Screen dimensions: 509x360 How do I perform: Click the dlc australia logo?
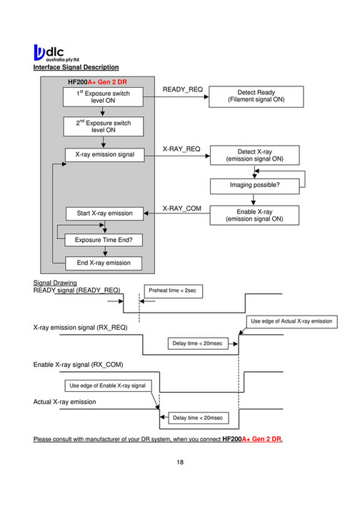(x=58, y=53)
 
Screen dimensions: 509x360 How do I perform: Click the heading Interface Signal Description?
(x=76, y=68)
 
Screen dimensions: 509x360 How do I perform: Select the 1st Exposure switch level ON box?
(x=103, y=97)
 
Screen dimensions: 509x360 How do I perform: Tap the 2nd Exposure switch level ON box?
(x=103, y=127)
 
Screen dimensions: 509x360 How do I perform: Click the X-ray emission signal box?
(x=103, y=155)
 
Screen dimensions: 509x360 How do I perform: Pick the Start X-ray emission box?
(x=103, y=213)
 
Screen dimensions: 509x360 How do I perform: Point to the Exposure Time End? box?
(x=103, y=239)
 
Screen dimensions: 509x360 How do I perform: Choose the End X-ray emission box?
(x=103, y=263)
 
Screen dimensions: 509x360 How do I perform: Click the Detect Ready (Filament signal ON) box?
(x=255, y=97)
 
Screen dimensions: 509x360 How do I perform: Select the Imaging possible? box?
(x=255, y=186)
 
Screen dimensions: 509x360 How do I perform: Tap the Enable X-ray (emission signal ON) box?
(x=255, y=216)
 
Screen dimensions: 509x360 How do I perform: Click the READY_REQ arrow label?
(x=183, y=90)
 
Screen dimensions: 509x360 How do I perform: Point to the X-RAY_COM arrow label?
(x=182, y=208)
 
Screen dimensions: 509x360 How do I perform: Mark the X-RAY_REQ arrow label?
(x=182, y=148)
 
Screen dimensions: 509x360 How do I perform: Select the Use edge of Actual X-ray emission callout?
(x=291, y=322)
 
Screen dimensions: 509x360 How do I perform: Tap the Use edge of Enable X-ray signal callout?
(x=107, y=385)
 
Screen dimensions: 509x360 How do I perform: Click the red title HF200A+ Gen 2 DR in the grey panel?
(x=99, y=83)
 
